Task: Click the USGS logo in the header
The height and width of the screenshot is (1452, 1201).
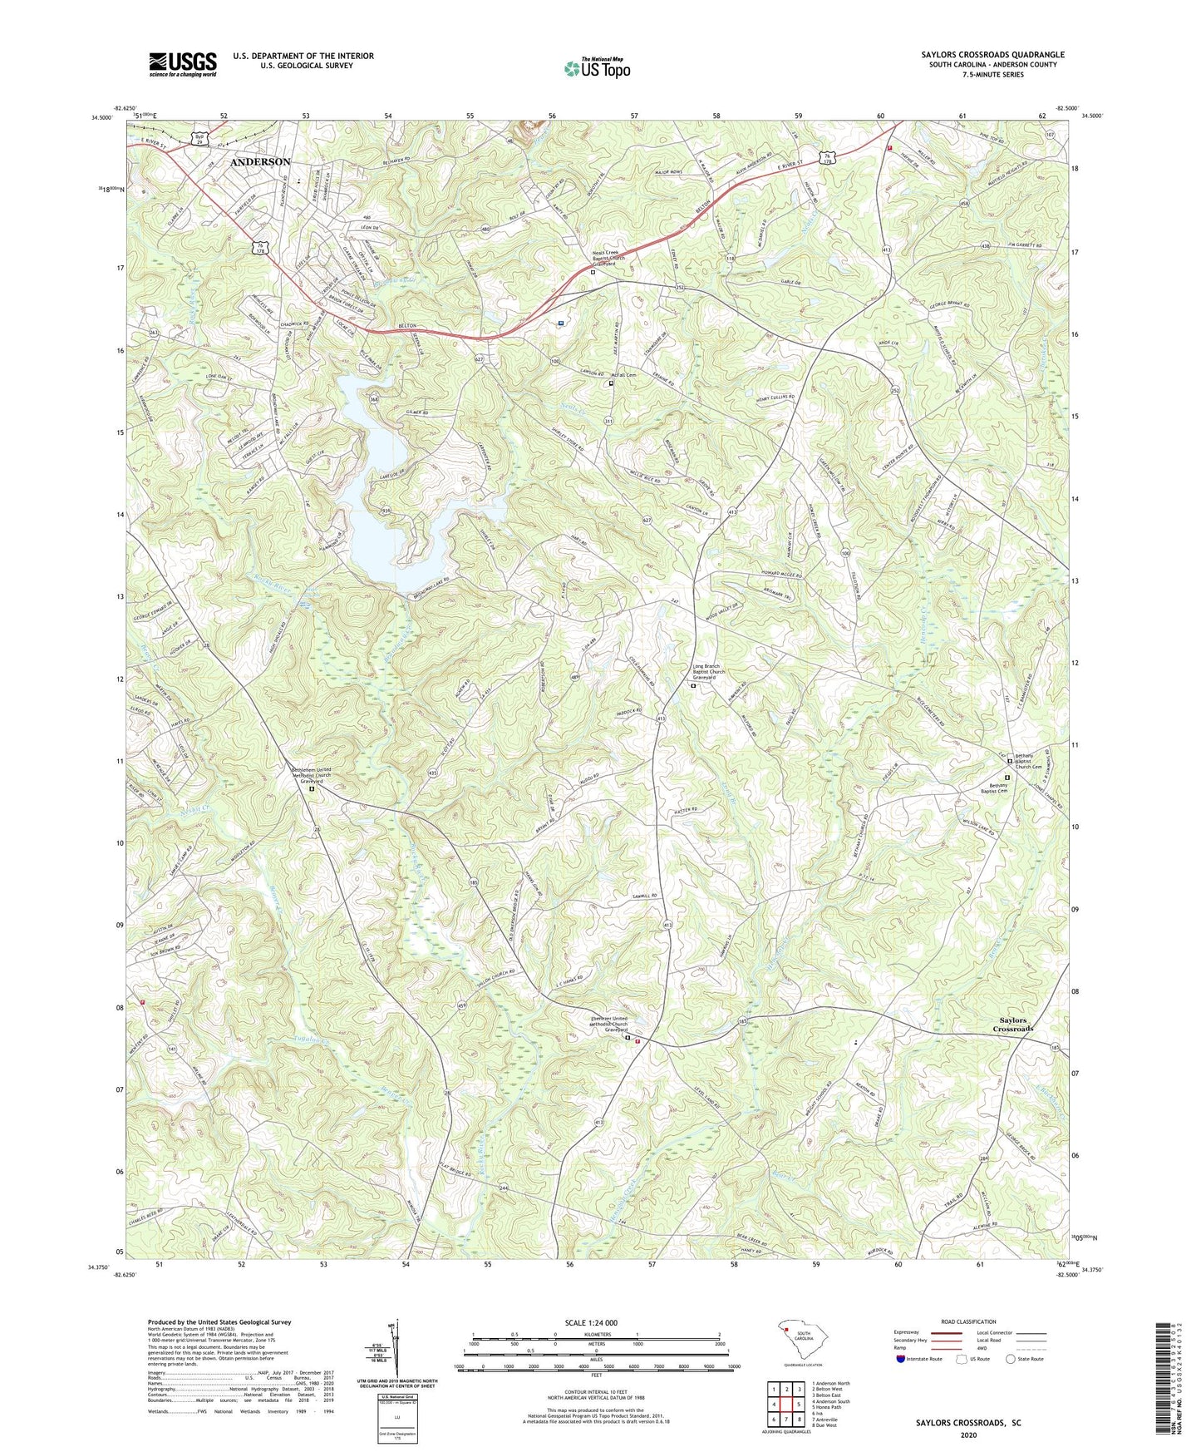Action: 183,63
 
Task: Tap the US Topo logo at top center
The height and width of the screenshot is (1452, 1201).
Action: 596,68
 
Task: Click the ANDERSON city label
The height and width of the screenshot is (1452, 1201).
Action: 260,161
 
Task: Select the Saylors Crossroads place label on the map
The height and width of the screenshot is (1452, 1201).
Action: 1011,1025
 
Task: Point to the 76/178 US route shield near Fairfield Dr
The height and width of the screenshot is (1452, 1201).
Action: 262,247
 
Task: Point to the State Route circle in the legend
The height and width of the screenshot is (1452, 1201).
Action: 1011,1359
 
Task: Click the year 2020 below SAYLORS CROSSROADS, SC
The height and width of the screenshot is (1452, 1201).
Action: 968,1435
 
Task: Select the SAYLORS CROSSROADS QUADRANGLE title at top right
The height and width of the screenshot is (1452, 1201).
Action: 992,55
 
